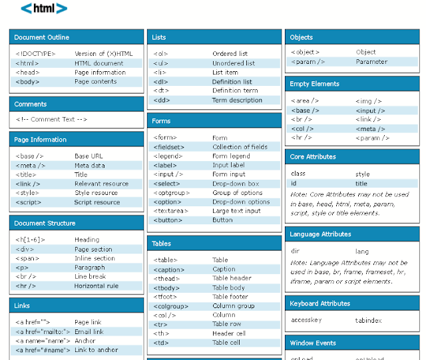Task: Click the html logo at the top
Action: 44,9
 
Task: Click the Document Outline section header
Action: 41,37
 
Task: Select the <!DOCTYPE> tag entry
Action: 35,54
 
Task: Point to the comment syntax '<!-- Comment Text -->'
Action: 51,119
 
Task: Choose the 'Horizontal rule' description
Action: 96,286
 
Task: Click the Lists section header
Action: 159,37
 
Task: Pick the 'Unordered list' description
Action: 233,63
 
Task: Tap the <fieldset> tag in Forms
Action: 170,147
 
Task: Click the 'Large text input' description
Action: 236,211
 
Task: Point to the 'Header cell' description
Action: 229,333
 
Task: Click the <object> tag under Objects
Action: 305,52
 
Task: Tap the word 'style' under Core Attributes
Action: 362,174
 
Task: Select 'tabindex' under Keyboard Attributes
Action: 368,320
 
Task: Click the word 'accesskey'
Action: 307,320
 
